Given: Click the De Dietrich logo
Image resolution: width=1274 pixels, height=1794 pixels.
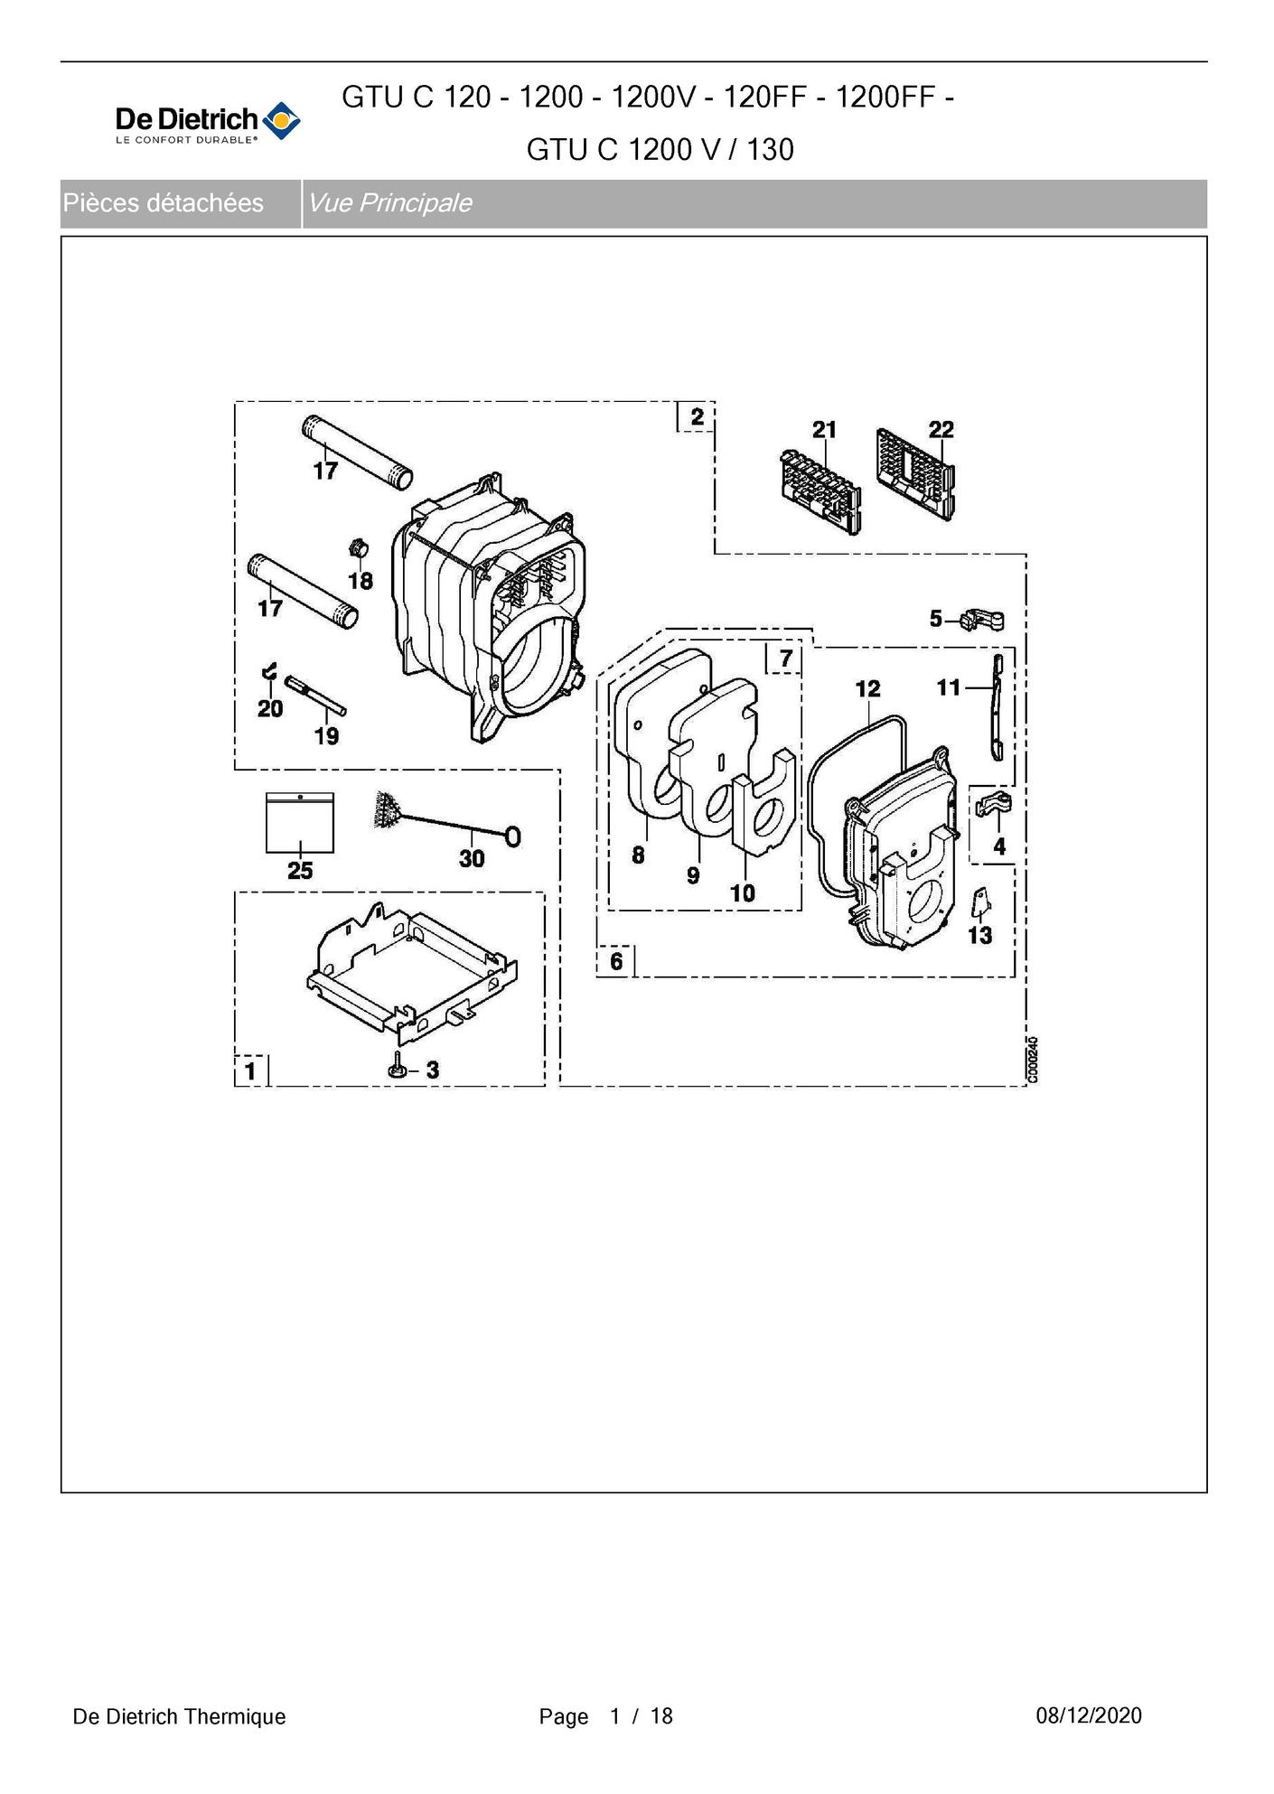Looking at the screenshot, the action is (208, 123).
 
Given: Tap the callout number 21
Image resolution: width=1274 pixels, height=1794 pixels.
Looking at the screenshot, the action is (824, 430).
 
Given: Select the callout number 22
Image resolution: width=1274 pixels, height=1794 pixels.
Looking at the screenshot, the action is (941, 429).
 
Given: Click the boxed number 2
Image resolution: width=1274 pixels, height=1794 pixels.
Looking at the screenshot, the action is (697, 416).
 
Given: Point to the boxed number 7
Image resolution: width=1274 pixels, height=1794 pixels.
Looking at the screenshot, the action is (785, 659).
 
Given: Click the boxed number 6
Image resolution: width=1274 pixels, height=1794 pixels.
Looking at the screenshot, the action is (616, 961).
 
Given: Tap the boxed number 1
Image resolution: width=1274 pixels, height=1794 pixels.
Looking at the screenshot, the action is (250, 1071).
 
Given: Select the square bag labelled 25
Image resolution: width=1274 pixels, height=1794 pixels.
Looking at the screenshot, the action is (300, 823).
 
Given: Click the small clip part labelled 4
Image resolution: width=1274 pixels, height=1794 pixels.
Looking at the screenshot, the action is (994, 802).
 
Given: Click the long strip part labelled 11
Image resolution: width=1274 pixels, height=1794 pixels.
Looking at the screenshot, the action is (998, 707).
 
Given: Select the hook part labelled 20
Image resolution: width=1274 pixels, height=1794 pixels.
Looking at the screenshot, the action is (268, 671).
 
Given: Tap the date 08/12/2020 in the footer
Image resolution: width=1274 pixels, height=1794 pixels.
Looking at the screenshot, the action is (1089, 1716).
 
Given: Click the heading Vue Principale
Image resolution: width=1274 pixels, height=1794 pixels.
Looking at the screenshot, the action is (390, 203).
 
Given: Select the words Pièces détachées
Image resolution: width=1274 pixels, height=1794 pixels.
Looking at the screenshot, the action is (164, 203).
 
